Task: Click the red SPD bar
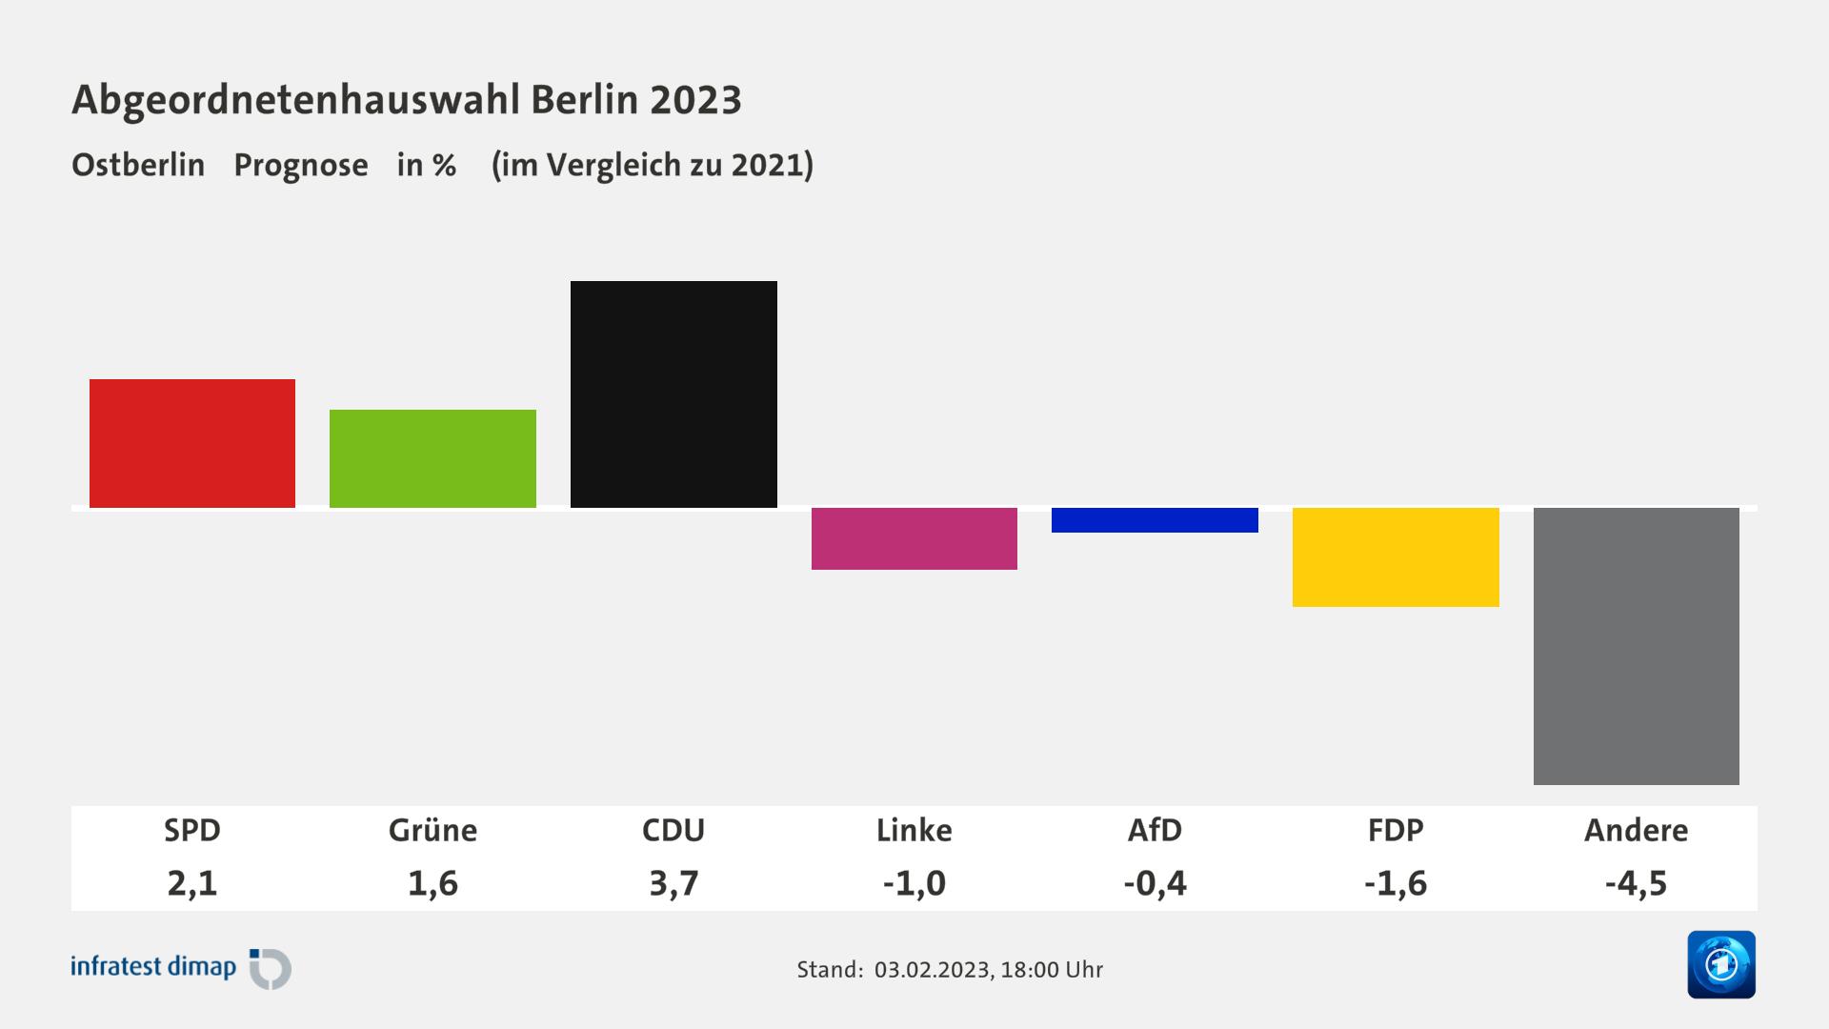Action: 192,443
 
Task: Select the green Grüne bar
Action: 432,458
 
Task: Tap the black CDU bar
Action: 673,393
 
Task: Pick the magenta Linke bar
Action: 914,538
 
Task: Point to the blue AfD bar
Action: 1155,520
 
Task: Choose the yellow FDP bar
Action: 1396,556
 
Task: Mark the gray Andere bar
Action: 1636,646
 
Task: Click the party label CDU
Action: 673,830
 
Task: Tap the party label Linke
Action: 914,830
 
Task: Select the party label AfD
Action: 1155,830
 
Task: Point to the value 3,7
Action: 673,883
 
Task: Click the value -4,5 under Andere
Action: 1636,883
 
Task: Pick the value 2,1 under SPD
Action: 192,883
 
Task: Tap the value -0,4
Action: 1155,883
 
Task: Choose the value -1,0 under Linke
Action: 914,883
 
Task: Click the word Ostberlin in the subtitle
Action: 138,165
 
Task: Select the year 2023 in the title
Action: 696,99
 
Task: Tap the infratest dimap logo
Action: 181,968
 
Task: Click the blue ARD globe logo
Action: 1720,964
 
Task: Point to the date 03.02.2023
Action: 932,970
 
